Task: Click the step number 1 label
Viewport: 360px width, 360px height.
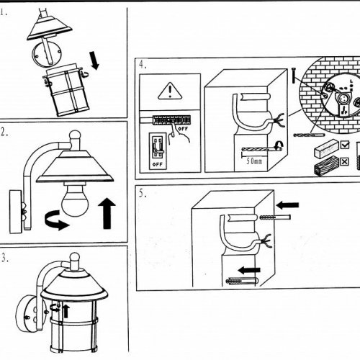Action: point(4,12)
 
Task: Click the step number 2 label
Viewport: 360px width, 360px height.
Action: point(4,132)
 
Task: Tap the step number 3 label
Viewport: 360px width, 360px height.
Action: point(4,258)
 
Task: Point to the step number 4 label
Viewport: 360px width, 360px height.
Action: point(143,64)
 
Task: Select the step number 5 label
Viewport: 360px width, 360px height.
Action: point(143,193)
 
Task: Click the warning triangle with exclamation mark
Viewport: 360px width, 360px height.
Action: point(170,91)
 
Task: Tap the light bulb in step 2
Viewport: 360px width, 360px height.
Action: point(75,199)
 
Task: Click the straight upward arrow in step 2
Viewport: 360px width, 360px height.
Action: point(107,213)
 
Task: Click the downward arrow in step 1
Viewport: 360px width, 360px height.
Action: point(94,60)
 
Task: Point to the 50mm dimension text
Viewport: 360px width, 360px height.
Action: point(254,161)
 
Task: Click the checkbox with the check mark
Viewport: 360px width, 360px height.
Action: point(345,145)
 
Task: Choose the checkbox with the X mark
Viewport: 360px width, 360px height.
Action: point(345,161)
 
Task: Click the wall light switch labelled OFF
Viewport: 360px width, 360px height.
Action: point(158,151)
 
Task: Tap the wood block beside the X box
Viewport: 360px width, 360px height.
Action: point(327,165)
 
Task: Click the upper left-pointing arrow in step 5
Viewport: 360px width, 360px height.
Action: point(287,205)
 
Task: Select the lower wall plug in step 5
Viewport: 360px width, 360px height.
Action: point(242,280)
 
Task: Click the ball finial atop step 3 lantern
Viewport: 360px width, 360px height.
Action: point(74,258)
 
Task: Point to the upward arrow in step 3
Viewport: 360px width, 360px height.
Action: point(66,311)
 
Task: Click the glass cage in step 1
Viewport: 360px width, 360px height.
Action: point(67,90)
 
